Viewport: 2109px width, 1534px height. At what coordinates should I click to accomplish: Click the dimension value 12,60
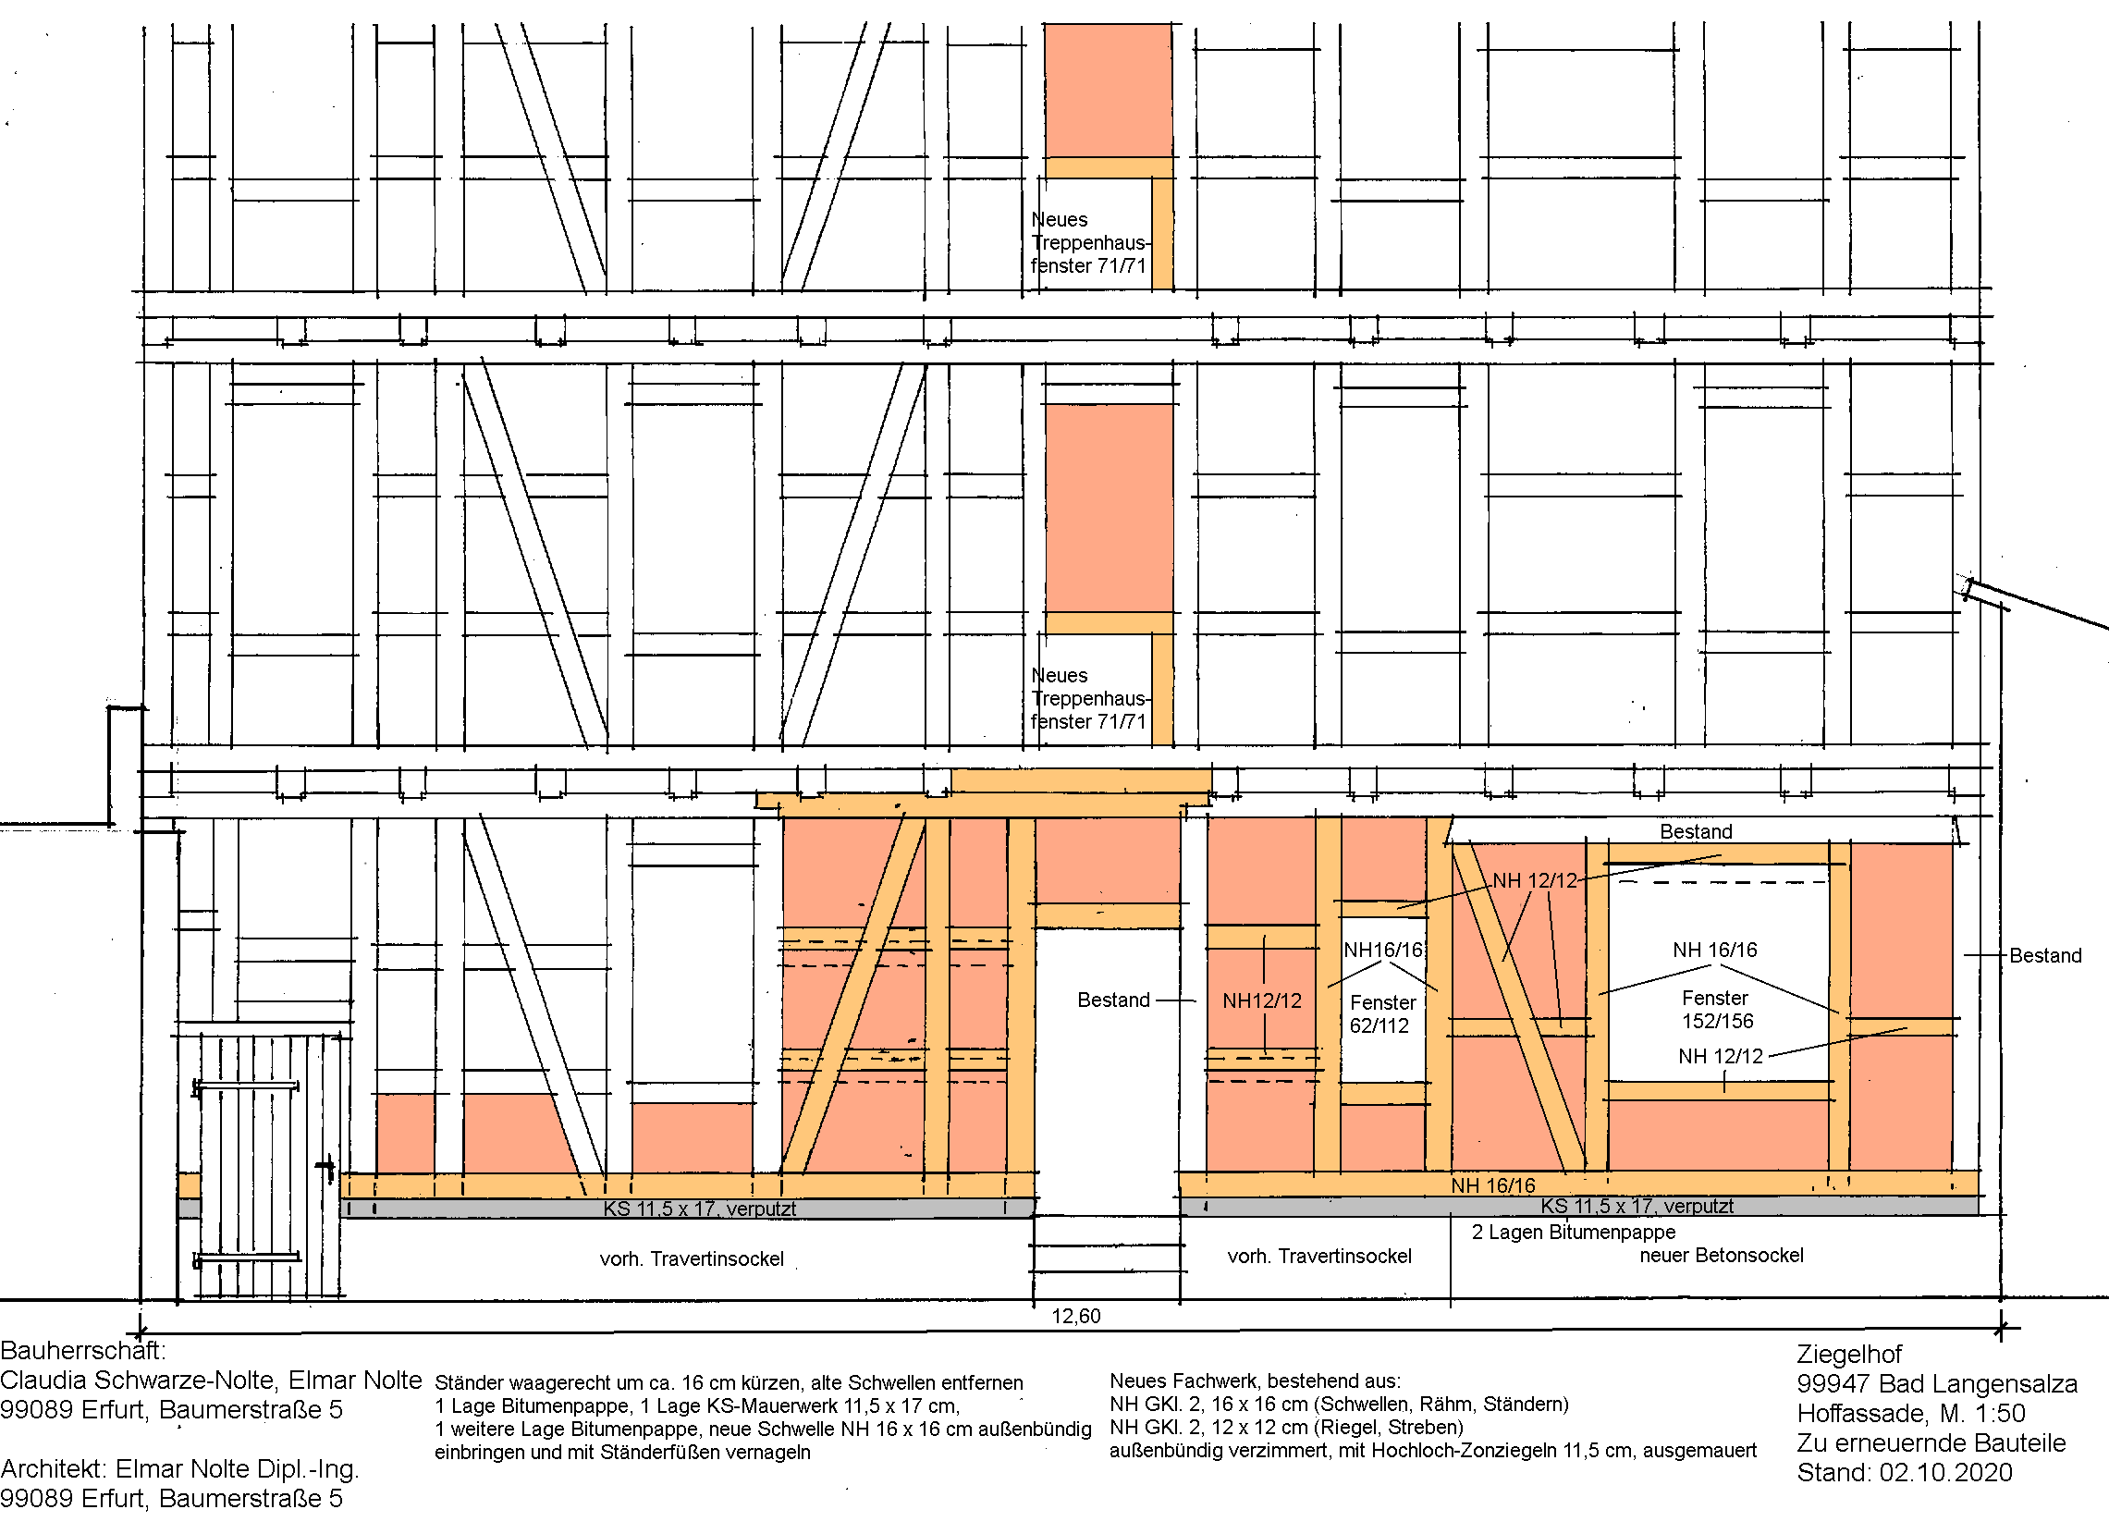(1076, 1317)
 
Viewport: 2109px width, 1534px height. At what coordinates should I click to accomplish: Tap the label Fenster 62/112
(1383, 1014)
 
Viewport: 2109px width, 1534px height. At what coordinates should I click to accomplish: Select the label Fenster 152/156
(1717, 1009)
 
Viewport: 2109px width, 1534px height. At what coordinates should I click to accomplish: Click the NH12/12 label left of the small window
(1262, 1000)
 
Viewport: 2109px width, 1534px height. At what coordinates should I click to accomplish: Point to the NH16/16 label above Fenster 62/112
(1384, 950)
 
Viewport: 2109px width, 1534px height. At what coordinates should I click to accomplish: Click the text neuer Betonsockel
(1722, 1255)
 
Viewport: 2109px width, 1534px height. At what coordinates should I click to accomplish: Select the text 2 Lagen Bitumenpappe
(1574, 1233)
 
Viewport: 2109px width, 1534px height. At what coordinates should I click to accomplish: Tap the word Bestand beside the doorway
(1113, 1000)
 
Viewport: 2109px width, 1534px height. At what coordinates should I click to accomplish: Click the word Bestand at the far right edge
(2046, 956)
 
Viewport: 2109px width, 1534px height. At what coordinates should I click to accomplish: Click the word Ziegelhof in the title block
(1848, 1355)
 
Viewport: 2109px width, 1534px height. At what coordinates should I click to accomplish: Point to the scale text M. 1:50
(1982, 1413)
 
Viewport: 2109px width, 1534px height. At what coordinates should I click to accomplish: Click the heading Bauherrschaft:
(83, 1351)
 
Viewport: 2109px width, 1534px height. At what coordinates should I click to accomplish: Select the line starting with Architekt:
(179, 1469)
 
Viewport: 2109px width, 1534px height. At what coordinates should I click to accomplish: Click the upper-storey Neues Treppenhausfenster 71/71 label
(1089, 242)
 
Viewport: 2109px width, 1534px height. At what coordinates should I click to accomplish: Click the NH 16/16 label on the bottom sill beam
(1493, 1185)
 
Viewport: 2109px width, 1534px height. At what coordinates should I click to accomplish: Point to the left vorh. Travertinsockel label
(692, 1258)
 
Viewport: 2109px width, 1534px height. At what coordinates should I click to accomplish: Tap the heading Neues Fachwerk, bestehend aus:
(1256, 1381)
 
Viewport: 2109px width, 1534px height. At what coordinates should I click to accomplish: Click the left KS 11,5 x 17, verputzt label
(699, 1209)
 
